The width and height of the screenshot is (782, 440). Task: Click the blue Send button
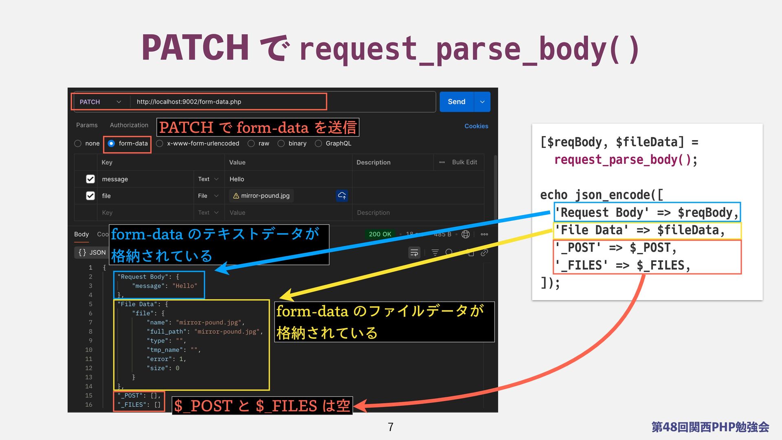pyautogui.click(x=456, y=102)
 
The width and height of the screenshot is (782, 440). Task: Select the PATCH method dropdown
pyautogui.click(x=100, y=102)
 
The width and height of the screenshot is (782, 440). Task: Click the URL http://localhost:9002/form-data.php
pyautogui.click(x=189, y=102)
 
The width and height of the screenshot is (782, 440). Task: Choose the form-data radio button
pyautogui.click(x=111, y=143)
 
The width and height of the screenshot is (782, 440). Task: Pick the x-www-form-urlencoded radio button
pyautogui.click(x=160, y=143)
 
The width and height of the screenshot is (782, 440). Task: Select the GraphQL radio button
pyautogui.click(x=319, y=143)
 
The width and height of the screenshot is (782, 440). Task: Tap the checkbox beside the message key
pyautogui.click(x=90, y=179)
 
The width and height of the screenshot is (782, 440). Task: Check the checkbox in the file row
pyautogui.click(x=90, y=196)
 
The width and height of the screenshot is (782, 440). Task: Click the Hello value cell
pyautogui.click(x=237, y=179)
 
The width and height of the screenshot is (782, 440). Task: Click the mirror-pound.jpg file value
pyautogui.click(x=265, y=196)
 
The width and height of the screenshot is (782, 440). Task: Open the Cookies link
pyautogui.click(x=476, y=126)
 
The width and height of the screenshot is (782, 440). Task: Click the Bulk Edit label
pyautogui.click(x=464, y=162)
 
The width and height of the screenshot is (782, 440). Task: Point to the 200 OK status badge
pyautogui.click(x=380, y=234)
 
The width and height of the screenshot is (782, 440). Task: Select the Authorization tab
pyautogui.click(x=129, y=125)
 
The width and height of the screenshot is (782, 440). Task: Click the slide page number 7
pyautogui.click(x=391, y=427)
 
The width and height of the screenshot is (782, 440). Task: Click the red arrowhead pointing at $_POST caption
pyautogui.click(x=361, y=406)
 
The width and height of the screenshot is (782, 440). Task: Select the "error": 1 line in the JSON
pyautogui.click(x=166, y=359)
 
